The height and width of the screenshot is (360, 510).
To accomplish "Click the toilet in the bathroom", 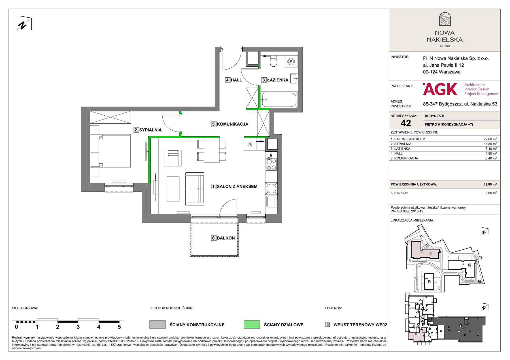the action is point(273,61).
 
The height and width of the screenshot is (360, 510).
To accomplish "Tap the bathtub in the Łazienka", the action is point(279,100).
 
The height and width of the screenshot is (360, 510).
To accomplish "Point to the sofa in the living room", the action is point(195,189).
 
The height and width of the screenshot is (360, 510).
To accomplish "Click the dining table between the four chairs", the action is point(212,151).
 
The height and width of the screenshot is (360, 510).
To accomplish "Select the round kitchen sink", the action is point(271,188).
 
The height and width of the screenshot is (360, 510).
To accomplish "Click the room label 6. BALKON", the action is point(223,238).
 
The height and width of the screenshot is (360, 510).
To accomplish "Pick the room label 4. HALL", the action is point(234,80).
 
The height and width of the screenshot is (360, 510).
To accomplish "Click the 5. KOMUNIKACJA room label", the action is point(230,124).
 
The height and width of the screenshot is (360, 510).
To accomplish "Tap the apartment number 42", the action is point(406,123).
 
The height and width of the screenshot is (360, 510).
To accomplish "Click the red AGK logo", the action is point(440,89).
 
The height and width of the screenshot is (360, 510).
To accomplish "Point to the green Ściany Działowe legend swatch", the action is point(252,325).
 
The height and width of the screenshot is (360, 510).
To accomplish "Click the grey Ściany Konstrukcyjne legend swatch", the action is point(158,325).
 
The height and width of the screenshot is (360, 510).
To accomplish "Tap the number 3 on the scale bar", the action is point(78,327).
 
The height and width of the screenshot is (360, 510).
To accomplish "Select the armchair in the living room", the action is point(173,158).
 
